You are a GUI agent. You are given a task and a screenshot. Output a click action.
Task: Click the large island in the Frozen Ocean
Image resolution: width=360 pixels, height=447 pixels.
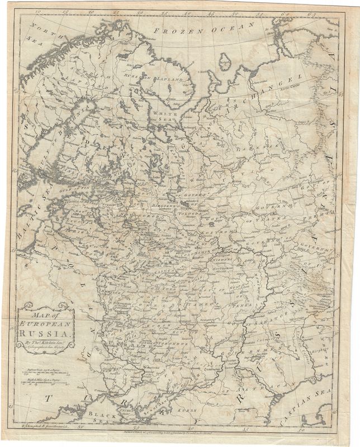[225, 61]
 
